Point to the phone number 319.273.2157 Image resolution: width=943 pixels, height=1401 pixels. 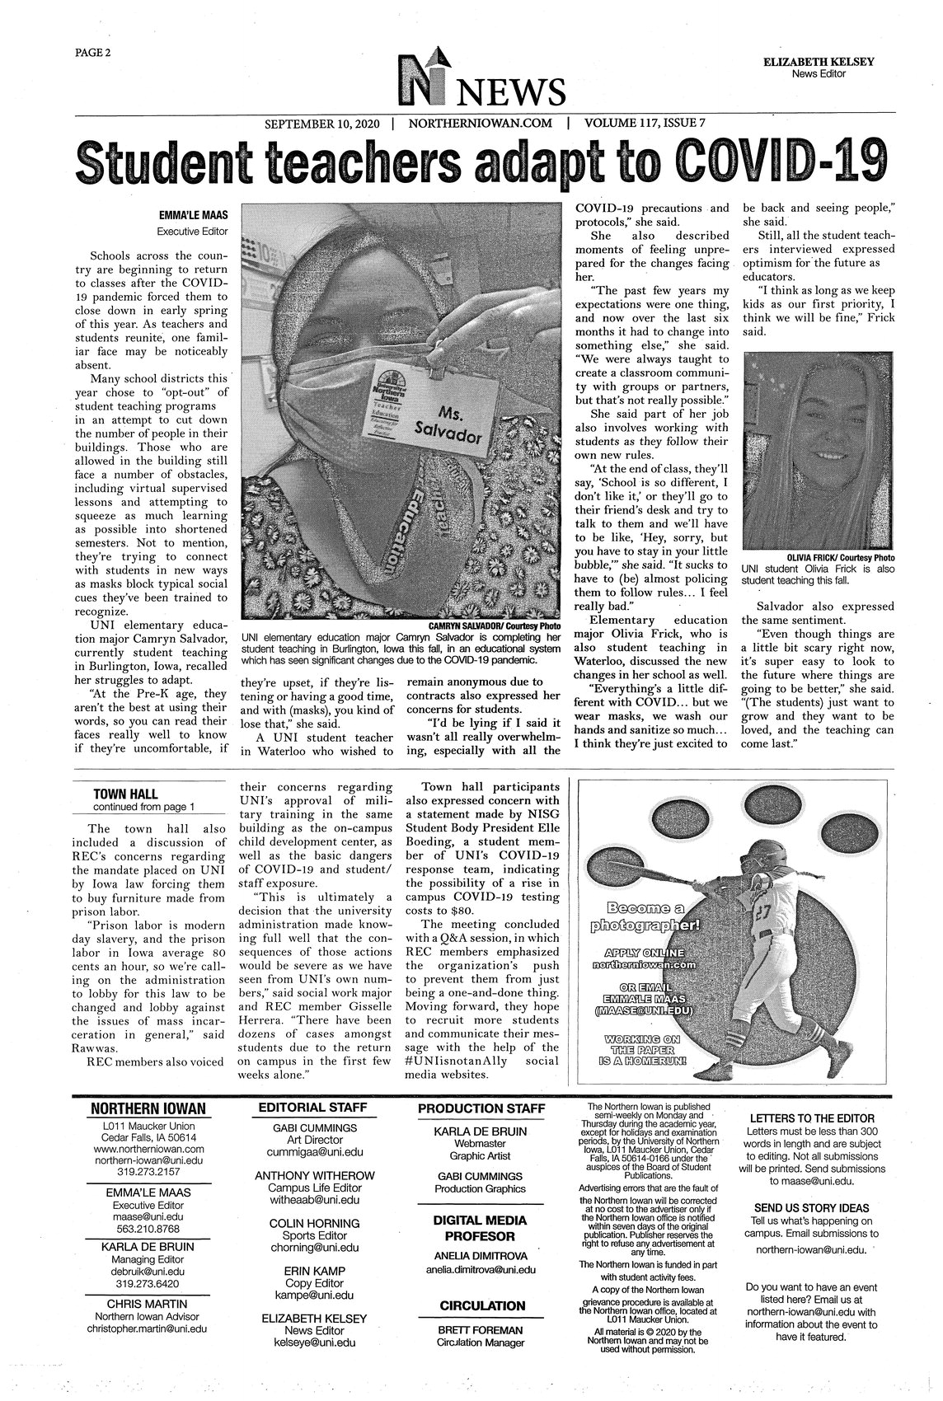click(148, 1171)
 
